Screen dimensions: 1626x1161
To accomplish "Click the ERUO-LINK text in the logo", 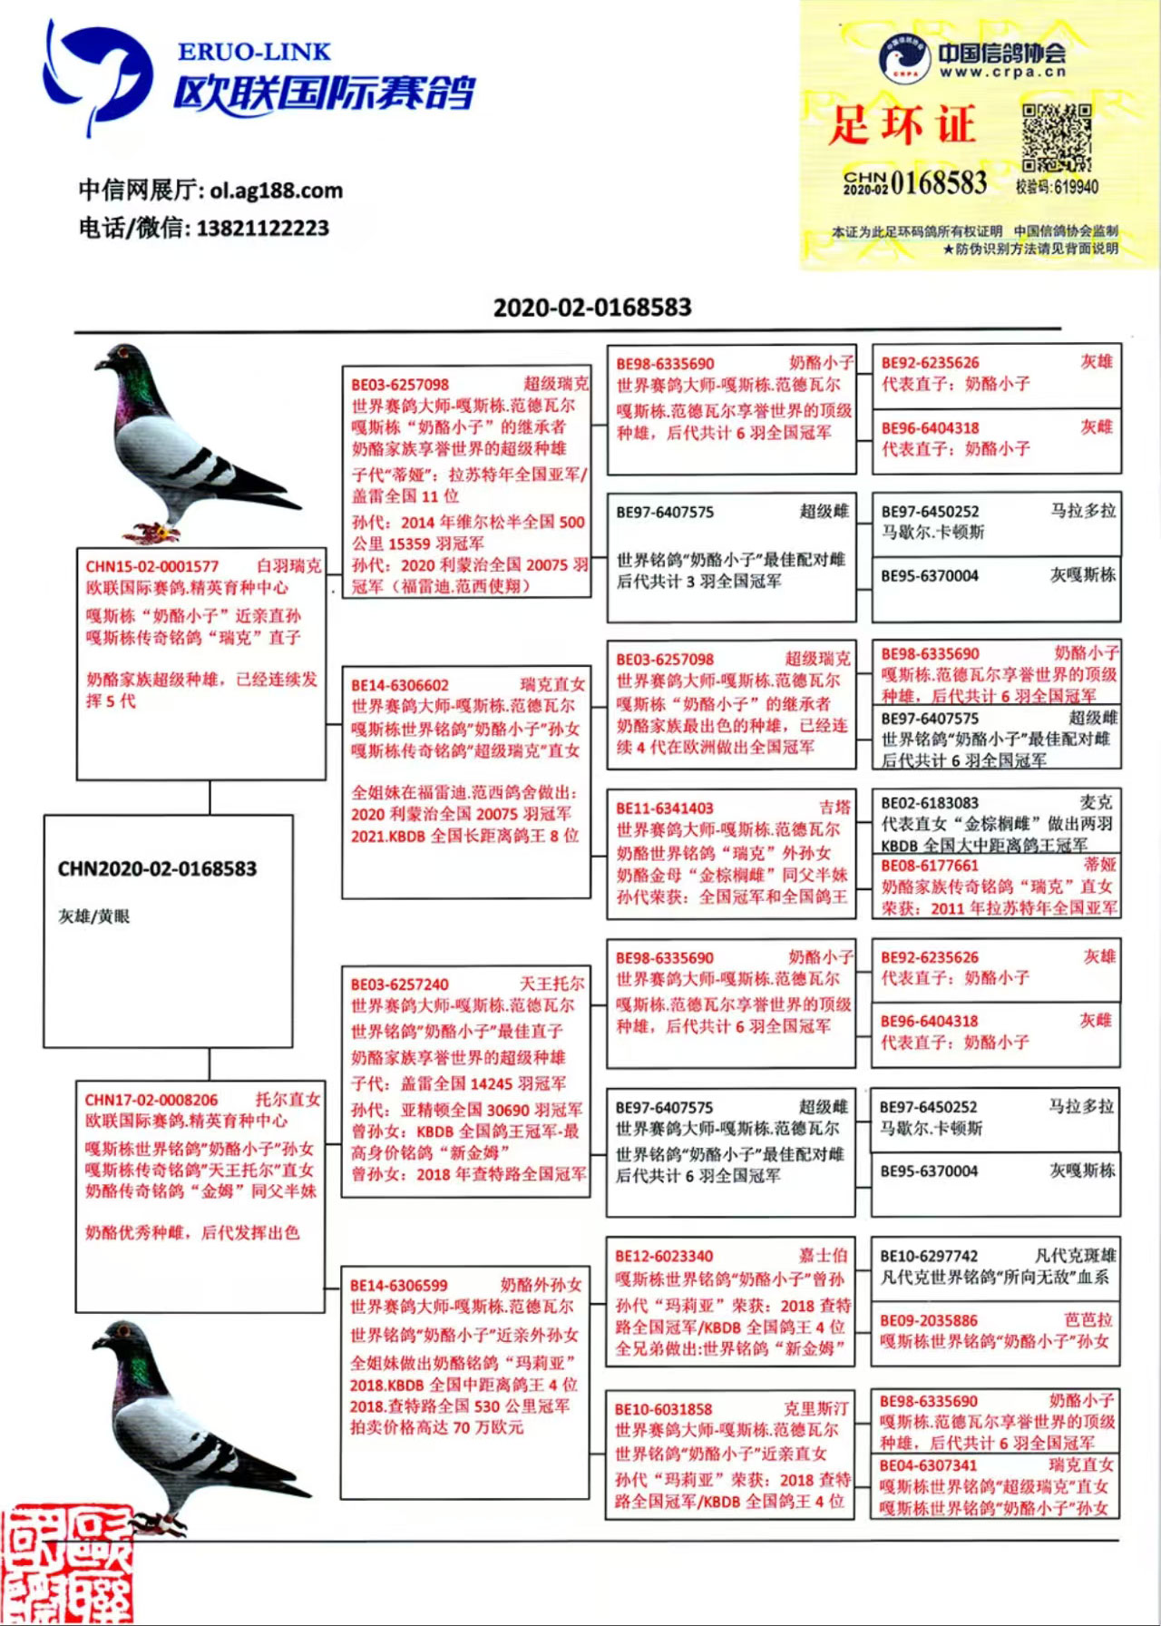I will point(255,52).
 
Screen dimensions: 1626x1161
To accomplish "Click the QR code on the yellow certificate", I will point(1057,137).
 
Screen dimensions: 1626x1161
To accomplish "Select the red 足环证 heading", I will point(902,124).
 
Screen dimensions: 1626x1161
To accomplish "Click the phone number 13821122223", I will point(262,228).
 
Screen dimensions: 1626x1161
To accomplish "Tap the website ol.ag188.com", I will point(277,191).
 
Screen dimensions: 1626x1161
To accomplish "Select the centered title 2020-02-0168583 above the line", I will point(592,308).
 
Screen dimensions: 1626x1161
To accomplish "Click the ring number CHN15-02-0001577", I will point(152,566).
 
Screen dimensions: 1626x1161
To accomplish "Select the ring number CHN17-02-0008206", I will point(151,1100).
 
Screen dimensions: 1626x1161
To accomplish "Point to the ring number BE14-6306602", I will point(400,685).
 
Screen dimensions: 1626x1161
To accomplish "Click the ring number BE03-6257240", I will point(400,984).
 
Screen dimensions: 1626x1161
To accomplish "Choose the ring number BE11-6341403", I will point(665,808).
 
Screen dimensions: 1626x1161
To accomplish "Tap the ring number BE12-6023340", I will point(664,1256).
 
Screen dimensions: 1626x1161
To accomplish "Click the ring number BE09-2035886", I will point(929,1320).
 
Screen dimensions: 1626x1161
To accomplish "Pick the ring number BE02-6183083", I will point(930,802).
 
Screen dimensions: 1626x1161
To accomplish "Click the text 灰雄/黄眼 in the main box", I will point(94,916).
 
